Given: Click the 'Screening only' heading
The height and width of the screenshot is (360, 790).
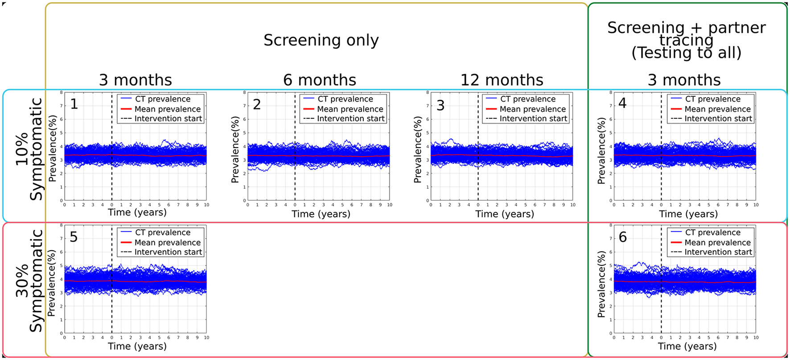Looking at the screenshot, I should (321, 40).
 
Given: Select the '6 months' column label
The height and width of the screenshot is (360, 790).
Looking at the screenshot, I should (320, 80).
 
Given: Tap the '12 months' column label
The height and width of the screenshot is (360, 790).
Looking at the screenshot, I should (502, 80).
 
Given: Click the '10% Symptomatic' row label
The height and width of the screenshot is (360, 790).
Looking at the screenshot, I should (29, 149).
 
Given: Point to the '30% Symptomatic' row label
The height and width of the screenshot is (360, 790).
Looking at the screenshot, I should (29, 281).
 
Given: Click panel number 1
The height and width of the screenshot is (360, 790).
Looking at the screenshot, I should (74, 104).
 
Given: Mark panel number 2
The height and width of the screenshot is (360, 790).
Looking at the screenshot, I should (257, 104).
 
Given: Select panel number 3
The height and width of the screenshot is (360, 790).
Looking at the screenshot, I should (440, 106).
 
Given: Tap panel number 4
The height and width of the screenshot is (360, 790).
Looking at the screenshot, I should (622, 103).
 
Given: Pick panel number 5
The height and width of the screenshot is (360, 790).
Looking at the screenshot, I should (74, 237).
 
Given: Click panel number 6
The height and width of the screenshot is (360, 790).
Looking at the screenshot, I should (623, 237).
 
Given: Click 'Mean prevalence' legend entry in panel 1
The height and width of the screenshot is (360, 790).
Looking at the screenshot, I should (168, 109).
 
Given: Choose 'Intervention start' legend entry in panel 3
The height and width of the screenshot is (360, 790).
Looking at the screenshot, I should (533, 119).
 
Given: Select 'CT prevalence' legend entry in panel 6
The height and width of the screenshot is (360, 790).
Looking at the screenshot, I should (712, 232).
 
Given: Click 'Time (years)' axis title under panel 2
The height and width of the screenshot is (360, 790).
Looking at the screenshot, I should (321, 214).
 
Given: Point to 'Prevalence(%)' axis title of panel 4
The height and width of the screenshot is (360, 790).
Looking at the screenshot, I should (601, 151).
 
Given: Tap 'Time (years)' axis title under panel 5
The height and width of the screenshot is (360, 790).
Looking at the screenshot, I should (137, 346).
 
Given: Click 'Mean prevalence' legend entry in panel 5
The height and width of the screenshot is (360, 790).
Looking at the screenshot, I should (168, 242).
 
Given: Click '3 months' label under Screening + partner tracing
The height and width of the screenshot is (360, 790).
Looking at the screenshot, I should (684, 80).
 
